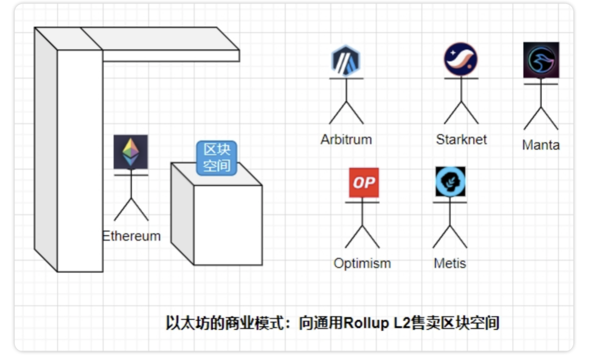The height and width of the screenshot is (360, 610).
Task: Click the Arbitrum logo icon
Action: tap(346, 60)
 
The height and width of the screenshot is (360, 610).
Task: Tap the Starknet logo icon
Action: tap(461, 59)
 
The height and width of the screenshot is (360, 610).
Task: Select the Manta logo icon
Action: tap(541, 60)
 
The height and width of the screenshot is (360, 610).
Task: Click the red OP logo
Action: tap(364, 182)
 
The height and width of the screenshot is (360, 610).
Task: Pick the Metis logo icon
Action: tap(451, 181)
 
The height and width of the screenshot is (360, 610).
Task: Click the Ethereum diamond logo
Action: tap(131, 152)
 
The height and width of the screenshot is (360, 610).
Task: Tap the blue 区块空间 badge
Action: tap(217, 158)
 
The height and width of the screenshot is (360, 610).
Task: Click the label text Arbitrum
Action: tap(346, 140)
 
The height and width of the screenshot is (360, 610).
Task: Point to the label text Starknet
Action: tap(461, 140)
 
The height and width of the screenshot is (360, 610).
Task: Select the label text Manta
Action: tap(541, 145)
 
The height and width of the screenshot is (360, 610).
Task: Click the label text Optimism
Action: tap(362, 264)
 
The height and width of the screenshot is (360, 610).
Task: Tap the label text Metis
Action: tap(450, 263)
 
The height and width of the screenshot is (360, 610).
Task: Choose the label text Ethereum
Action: tap(132, 236)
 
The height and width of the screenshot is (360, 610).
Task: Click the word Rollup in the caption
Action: tap(366, 324)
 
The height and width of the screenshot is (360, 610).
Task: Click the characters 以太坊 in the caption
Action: tap(188, 323)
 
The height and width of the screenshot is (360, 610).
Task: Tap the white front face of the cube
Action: tap(228, 225)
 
